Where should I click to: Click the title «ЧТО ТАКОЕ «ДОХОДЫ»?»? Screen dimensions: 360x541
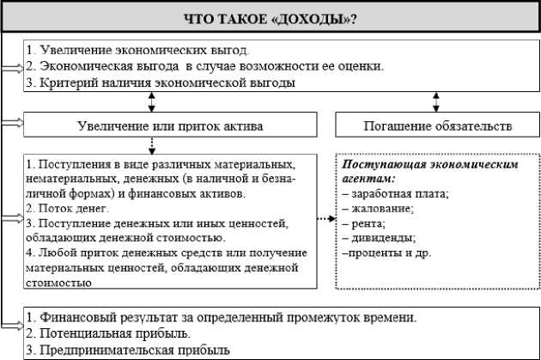[x=270, y=17]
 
